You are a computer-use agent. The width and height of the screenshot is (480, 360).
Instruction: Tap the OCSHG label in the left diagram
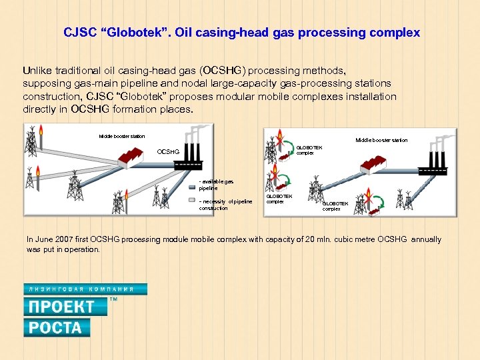click(x=167, y=152)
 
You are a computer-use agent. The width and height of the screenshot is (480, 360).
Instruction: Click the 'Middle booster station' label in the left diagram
click(x=121, y=136)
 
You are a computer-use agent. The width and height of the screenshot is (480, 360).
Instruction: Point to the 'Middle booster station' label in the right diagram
click(x=381, y=140)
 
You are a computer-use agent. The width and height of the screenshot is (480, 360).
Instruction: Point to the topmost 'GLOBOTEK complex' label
click(x=309, y=150)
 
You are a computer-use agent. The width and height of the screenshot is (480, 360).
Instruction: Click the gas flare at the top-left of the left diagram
click(x=41, y=133)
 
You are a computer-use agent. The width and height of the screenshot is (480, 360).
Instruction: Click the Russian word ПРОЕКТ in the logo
click(x=60, y=307)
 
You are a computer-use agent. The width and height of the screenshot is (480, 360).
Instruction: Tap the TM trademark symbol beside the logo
click(x=113, y=299)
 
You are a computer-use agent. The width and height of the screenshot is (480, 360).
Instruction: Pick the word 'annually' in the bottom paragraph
click(x=427, y=239)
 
